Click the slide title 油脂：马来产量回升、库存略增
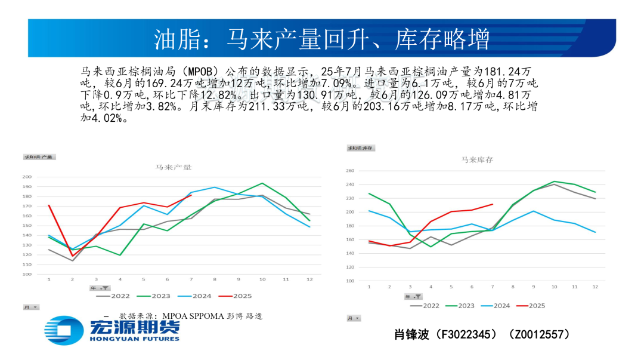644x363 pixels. point(321,39)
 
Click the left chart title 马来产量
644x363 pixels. point(174,167)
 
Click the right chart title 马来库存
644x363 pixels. point(477,159)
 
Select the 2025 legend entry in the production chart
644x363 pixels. point(236,296)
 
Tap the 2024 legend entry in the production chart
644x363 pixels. point(196,296)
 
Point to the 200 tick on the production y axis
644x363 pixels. point(27,177)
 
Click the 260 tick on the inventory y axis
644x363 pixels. point(350,171)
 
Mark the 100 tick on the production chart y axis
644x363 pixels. point(27,275)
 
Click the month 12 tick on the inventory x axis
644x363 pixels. point(595,287)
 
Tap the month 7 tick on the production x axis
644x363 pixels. point(191,279)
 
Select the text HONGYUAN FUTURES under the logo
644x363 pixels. point(134,339)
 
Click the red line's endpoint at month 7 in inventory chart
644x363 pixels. point(493,204)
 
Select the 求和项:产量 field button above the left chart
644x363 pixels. point(39,157)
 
